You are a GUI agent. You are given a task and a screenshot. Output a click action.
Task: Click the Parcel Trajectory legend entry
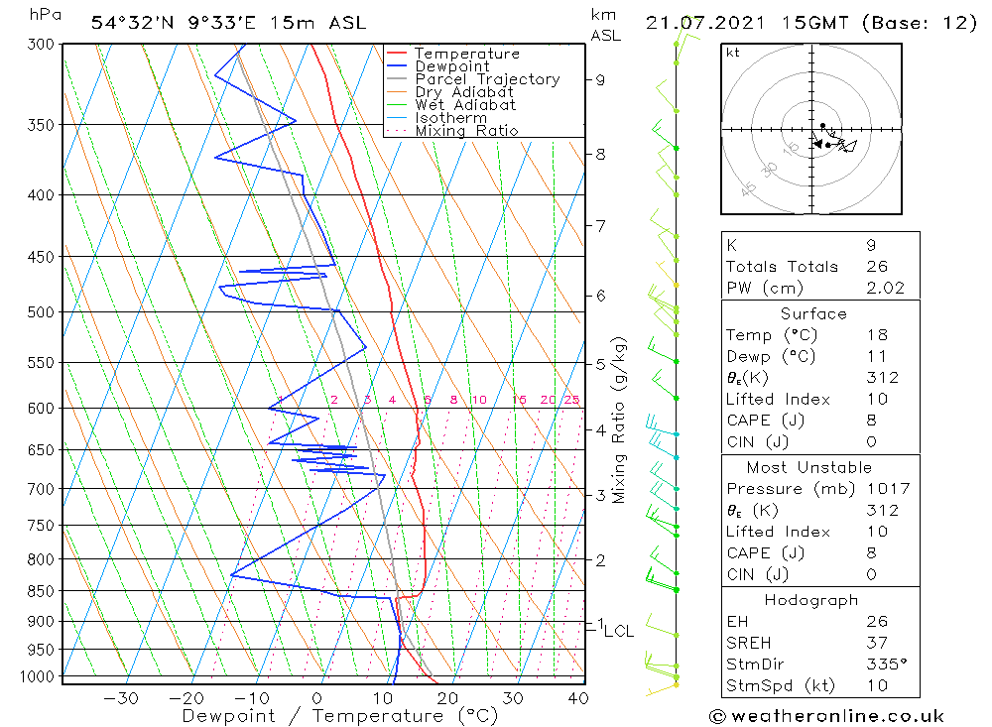(486, 79)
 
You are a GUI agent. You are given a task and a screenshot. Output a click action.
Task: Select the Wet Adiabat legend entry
(464, 105)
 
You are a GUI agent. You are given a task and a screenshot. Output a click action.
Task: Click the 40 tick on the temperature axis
(578, 698)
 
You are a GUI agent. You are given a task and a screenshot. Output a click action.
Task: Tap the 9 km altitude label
(601, 79)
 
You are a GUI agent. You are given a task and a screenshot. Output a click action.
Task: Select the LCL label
(619, 631)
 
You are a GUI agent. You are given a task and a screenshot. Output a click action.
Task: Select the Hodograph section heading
(811, 600)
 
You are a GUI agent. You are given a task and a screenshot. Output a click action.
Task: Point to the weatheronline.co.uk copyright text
(826, 716)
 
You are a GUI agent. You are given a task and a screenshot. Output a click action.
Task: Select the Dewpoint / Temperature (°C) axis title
(339, 716)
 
